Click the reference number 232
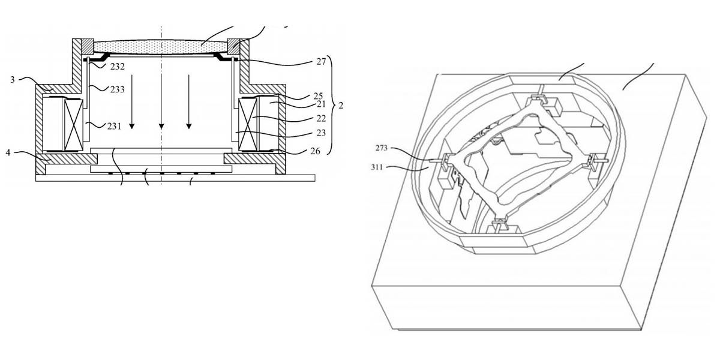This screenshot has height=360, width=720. click(x=118, y=67)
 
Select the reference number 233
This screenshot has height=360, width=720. click(x=118, y=89)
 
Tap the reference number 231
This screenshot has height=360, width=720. click(x=115, y=127)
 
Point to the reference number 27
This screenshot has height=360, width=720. click(x=321, y=61)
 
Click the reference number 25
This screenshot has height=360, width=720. click(x=318, y=96)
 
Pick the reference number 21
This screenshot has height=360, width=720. click(x=321, y=104)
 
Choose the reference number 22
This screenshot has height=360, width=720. click(x=321, y=119)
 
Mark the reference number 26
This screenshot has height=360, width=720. click(x=316, y=151)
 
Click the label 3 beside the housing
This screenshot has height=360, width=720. click(x=13, y=80)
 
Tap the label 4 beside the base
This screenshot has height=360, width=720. click(x=8, y=152)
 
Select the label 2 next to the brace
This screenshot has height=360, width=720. click(x=341, y=106)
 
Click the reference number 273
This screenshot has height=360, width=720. click(x=382, y=148)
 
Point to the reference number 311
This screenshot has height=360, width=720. click(x=377, y=167)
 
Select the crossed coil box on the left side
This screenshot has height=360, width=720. click(x=74, y=125)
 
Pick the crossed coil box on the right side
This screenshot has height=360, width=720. click(x=248, y=125)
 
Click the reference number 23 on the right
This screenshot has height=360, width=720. click(x=321, y=133)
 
